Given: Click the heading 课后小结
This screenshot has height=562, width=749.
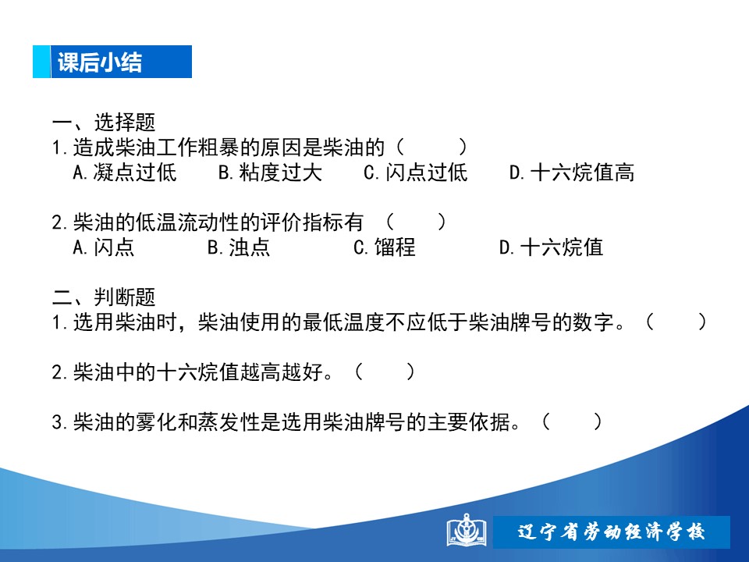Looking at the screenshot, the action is tap(100, 62).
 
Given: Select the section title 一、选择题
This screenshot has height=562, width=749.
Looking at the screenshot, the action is tap(104, 123).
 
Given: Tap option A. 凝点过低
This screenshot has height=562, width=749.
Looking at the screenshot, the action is tap(125, 173).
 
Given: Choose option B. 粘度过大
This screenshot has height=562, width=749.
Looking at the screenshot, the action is tap(271, 173).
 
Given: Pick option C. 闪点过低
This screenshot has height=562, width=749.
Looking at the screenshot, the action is tap(416, 173).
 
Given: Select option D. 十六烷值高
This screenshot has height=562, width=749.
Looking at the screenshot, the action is tap(572, 173).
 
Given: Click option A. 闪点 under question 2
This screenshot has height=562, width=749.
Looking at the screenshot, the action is tap(104, 247).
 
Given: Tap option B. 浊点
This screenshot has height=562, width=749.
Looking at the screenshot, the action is tap(239, 247).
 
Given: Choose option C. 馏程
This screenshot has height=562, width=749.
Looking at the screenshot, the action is tap(385, 247).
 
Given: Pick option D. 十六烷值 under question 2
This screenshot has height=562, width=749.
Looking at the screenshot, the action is tap(552, 247).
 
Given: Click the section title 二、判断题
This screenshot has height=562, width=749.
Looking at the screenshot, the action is tap(104, 297).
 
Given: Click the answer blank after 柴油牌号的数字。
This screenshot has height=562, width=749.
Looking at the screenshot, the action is tap(676, 322).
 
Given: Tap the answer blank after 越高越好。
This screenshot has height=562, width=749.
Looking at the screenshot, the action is tap(385, 372).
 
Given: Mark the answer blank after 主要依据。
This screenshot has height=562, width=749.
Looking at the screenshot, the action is tap(572, 422).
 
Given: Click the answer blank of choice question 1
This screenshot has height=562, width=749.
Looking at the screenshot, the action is tap(431, 148).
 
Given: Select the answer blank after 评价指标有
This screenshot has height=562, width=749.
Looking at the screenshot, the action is tap(416, 222).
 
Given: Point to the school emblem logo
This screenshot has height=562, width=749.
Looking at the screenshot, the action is tap(467, 531).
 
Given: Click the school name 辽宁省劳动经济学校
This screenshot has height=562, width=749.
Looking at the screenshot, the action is tap(612, 532).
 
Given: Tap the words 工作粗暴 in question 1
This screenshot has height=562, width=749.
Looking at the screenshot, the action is tap(197, 148).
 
